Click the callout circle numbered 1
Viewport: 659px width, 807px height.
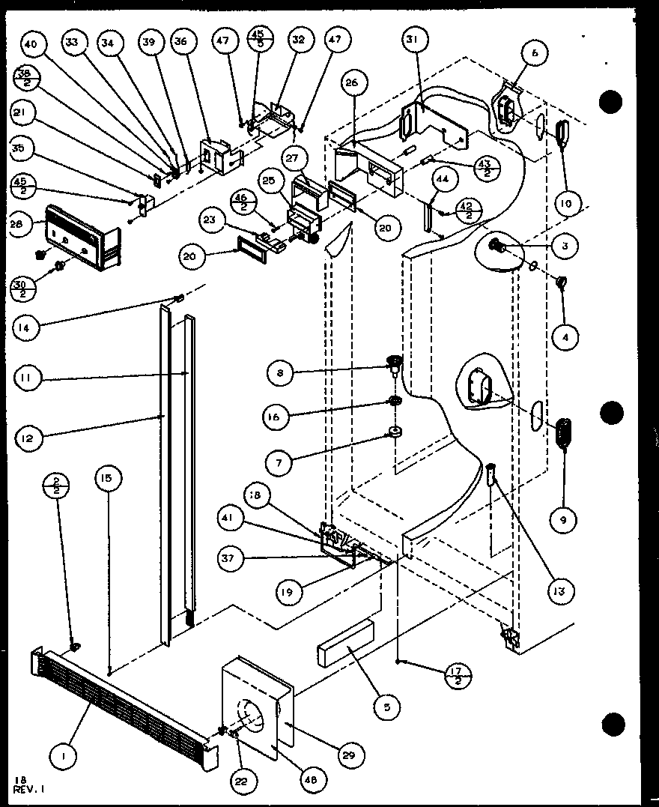[x=64, y=758]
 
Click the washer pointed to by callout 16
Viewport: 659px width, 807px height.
[x=392, y=405]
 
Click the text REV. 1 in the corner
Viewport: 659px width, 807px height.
[x=30, y=788]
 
